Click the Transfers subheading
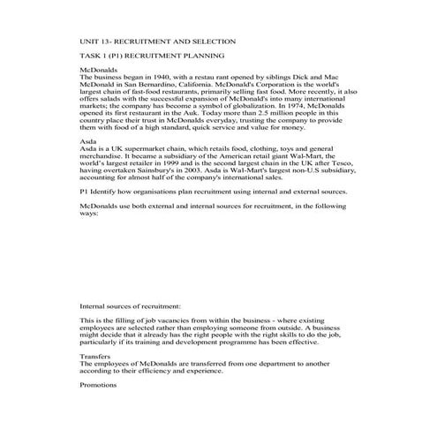click(x=96, y=356)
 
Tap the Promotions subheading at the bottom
click(x=98, y=385)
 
